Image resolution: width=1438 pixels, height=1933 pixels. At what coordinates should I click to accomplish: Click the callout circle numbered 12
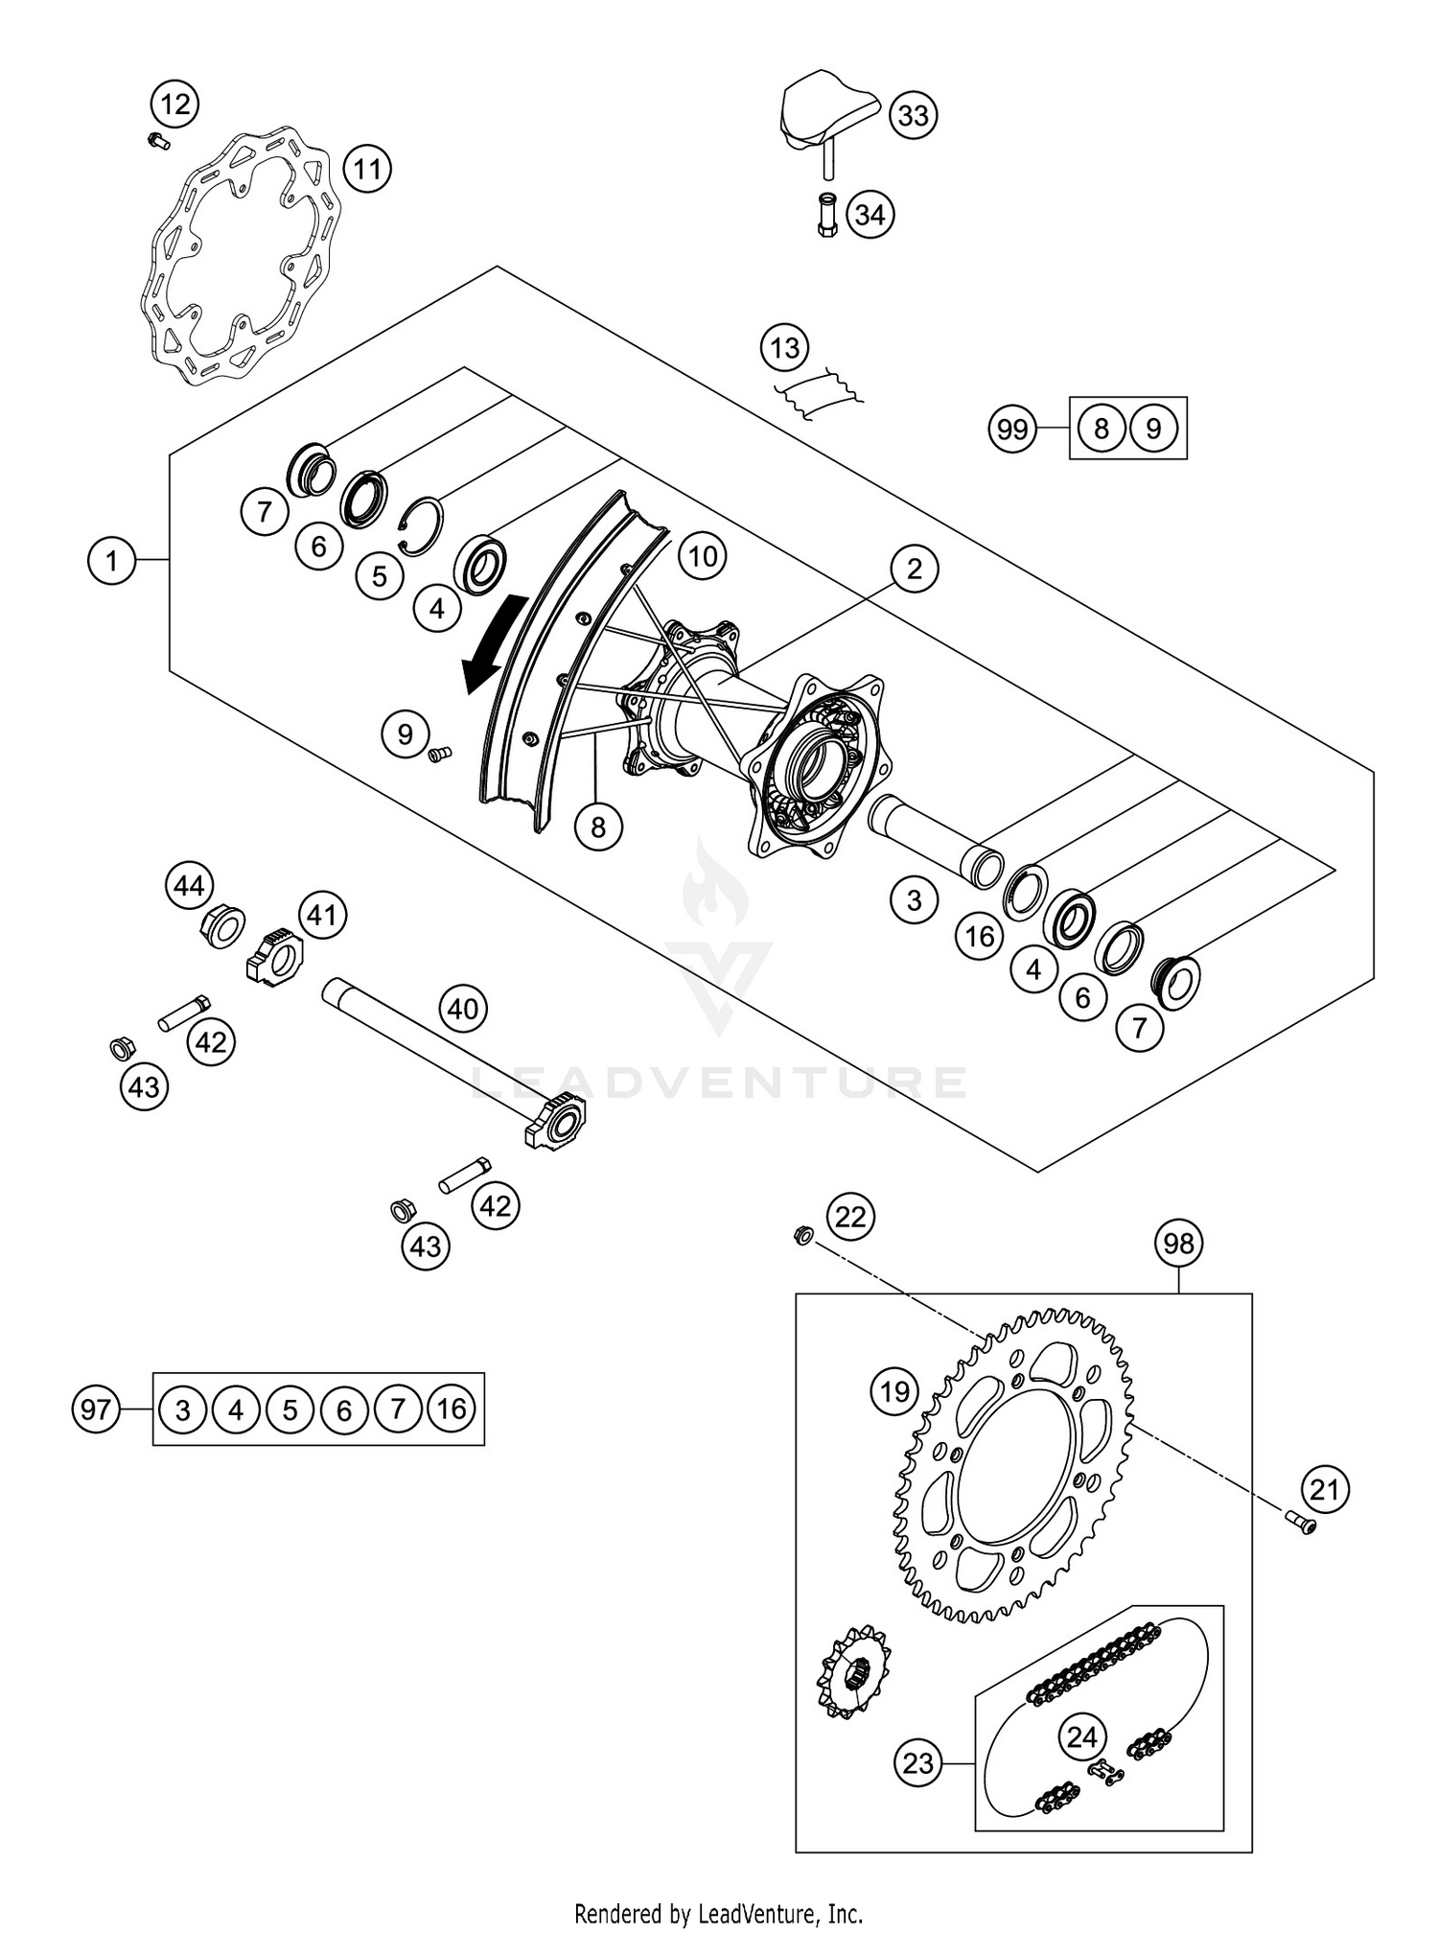coord(174,104)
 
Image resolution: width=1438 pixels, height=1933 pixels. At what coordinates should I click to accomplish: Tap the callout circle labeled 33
coord(914,115)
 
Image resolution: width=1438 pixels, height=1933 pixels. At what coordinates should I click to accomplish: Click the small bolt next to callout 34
coord(828,217)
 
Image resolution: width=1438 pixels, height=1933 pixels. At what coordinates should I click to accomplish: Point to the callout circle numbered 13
coord(785,348)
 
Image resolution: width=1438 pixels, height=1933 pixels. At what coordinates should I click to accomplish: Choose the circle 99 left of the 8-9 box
coord(1012,429)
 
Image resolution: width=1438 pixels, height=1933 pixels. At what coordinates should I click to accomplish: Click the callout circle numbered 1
coord(112,560)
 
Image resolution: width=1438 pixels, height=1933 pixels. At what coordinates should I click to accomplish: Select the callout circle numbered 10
coord(703,556)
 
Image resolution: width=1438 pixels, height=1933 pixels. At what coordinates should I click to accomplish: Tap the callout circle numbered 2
coord(914,569)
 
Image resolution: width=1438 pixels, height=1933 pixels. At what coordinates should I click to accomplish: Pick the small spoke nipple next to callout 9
coord(439,755)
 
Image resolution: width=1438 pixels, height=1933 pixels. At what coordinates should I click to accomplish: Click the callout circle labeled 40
coord(463,1009)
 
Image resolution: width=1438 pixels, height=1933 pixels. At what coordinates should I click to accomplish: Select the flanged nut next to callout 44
coord(221,926)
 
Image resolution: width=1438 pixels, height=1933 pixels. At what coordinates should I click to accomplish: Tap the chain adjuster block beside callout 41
coord(275,957)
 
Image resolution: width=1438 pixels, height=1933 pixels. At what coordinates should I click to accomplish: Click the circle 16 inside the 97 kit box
coord(451,1409)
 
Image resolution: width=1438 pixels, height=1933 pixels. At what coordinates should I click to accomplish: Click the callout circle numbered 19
coord(894,1390)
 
